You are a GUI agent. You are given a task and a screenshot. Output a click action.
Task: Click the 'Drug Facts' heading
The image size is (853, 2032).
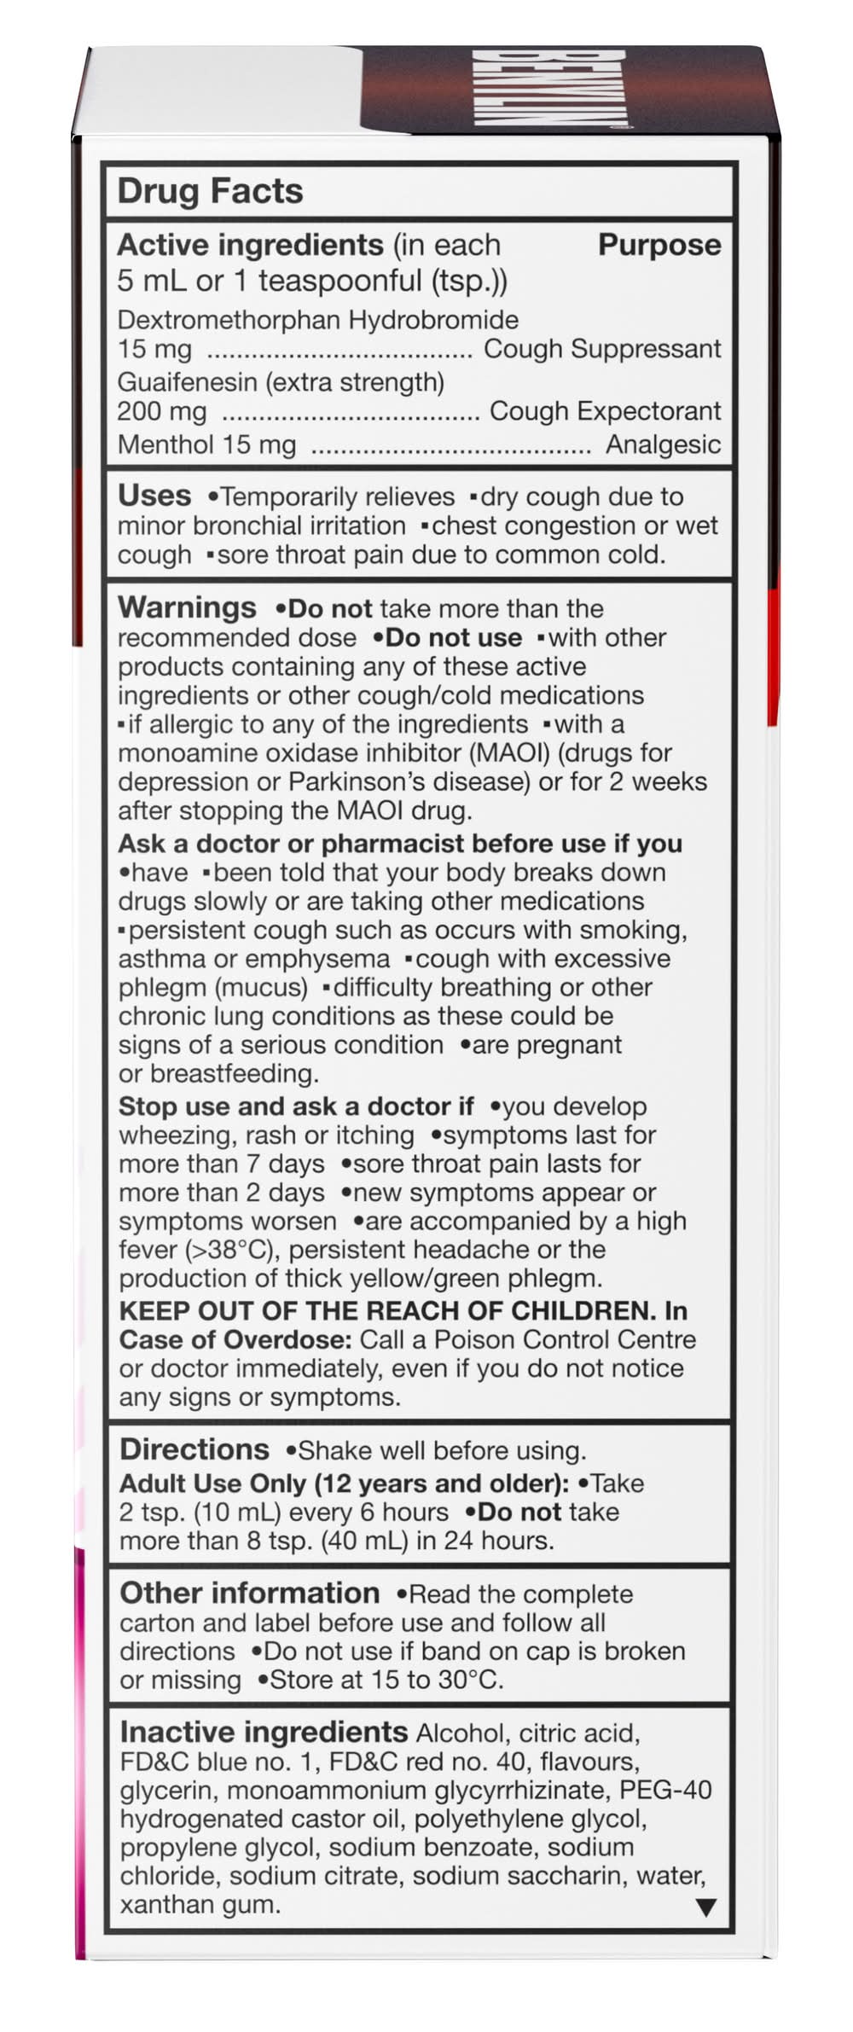(210, 191)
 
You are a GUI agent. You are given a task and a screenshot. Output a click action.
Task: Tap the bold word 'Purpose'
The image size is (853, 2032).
(659, 245)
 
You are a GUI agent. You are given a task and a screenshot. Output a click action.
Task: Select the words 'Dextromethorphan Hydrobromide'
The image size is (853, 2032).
(317, 320)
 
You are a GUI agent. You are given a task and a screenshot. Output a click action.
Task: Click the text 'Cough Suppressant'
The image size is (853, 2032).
(602, 349)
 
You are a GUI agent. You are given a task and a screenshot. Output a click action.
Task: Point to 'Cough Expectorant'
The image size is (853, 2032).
(605, 411)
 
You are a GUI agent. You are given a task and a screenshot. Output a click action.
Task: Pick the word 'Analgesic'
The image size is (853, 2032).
(663, 444)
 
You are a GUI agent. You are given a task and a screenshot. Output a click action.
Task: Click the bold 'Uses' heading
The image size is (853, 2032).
(154, 496)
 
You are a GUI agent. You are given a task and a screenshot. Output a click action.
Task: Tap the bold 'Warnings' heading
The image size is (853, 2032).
(187, 607)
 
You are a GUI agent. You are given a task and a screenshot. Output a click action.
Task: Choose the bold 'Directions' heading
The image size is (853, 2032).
(194, 1449)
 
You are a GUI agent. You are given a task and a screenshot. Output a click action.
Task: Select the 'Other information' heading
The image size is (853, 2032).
(249, 1593)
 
